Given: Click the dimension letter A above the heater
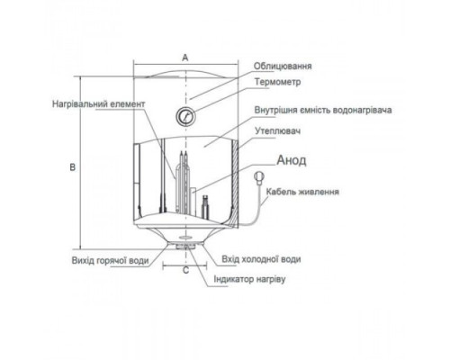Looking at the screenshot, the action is tap(185, 58).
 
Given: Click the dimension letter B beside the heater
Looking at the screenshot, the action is tap(73, 167).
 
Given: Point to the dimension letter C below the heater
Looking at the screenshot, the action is tap(185, 270).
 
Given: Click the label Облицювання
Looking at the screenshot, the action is tap(283, 66).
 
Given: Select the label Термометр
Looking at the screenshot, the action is tap(278, 82).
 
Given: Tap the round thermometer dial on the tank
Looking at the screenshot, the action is tap(185, 116).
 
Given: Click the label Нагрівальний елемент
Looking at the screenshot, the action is tap(99, 104).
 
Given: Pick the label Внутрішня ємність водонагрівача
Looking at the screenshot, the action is tap(323, 110).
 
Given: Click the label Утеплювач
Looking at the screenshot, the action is tap(278, 131).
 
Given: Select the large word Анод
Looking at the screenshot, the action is tap(292, 160).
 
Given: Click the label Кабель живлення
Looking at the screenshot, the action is tap(302, 192).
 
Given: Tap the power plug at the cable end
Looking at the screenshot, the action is tap(258, 177).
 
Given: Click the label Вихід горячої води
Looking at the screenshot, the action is tap(111, 260).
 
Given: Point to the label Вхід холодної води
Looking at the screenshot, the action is tap(261, 259).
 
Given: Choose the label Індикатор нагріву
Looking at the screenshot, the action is tap(249, 279).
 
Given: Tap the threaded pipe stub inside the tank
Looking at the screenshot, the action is tap(205, 206).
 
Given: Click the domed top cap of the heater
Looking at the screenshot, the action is tap(185, 74).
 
